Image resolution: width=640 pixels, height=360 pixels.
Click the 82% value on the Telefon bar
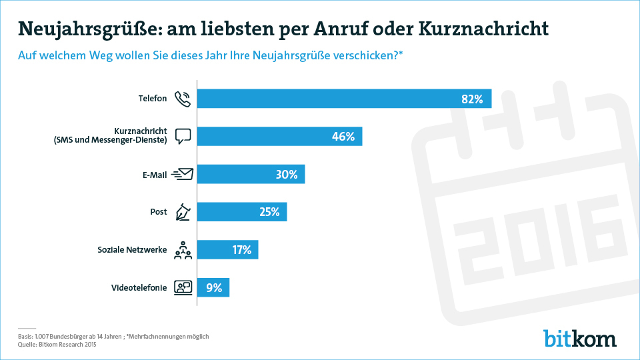[x=471, y=99]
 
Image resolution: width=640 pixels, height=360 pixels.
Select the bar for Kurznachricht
[x=280, y=137]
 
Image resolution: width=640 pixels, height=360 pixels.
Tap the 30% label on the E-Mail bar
[x=286, y=175]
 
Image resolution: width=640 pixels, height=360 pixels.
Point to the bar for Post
[x=243, y=212]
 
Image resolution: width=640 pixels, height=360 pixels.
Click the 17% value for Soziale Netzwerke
[x=241, y=250]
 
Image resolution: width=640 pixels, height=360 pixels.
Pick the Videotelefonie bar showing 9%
[x=214, y=288]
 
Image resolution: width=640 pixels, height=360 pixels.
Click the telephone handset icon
[x=182, y=99]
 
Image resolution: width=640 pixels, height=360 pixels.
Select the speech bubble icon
[x=183, y=136]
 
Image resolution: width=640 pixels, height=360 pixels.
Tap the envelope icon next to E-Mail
[x=183, y=174]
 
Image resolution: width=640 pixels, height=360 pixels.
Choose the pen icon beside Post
[x=183, y=213]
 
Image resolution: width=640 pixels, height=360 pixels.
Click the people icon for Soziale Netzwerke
[x=183, y=251]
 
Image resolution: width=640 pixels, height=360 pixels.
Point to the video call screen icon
[x=183, y=288]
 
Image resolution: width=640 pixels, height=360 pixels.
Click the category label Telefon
[x=152, y=99]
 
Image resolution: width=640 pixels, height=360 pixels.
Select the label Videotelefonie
[x=139, y=288]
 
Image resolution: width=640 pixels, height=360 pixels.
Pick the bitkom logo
[x=579, y=338]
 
